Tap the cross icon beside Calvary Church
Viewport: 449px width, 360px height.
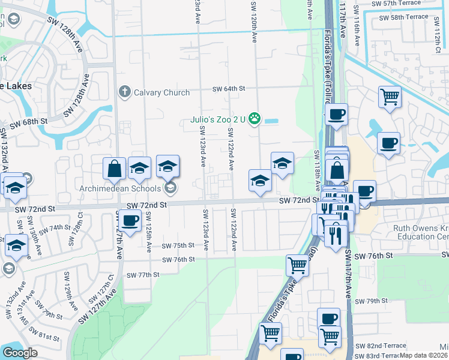click(x=124, y=92)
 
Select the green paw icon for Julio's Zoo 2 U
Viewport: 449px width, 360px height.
click(x=255, y=119)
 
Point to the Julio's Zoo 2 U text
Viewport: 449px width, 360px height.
click(x=218, y=119)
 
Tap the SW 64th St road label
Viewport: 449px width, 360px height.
click(x=229, y=89)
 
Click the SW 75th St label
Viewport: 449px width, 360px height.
click(x=178, y=245)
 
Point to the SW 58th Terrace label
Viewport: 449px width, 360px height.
click(x=404, y=17)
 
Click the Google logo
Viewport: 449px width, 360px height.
click(x=20, y=353)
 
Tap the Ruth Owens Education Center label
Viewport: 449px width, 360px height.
click(x=420, y=232)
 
